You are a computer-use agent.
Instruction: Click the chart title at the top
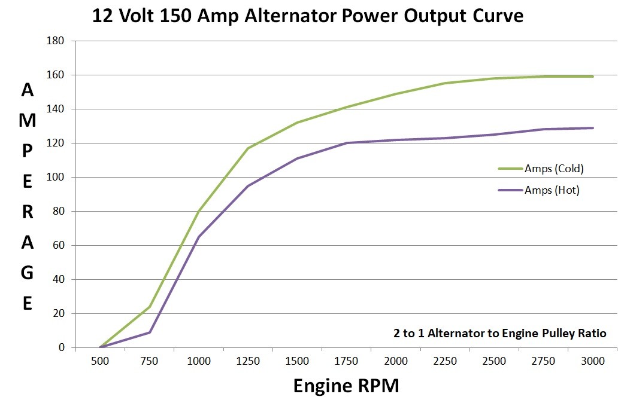point(308,16)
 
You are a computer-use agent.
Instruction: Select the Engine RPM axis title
point(346,386)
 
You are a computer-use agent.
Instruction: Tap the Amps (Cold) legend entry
point(553,169)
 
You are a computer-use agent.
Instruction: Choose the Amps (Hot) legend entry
point(552,190)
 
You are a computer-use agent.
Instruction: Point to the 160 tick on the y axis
point(59,75)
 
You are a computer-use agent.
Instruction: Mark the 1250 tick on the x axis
point(248,361)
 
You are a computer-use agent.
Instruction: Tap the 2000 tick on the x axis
point(396,361)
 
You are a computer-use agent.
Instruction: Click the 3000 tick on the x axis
point(593,361)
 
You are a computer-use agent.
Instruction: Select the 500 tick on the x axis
point(100,361)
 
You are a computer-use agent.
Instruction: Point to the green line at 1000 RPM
point(199,211)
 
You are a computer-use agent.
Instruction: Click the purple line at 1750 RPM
point(347,143)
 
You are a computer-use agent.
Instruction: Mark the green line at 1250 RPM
point(248,148)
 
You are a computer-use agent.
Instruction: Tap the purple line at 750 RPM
point(150,332)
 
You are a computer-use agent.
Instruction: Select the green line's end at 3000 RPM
point(593,77)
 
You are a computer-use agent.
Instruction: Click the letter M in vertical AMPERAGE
point(28,120)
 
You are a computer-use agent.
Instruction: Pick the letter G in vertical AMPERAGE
point(28,273)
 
